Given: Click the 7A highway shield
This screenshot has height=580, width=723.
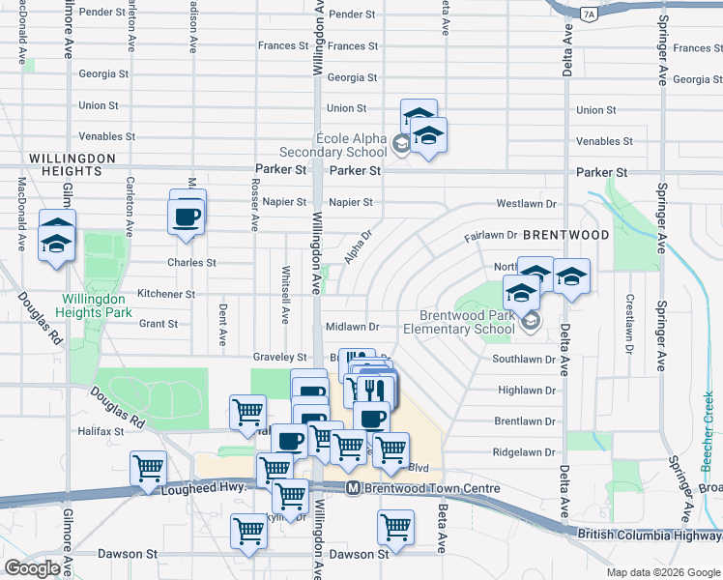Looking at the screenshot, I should click(x=590, y=14).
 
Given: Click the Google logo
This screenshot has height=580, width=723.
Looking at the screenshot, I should click(x=33, y=568).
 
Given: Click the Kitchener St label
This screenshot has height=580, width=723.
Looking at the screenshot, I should click(x=166, y=294).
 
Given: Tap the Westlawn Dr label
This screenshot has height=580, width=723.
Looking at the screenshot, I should click(x=527, y=204).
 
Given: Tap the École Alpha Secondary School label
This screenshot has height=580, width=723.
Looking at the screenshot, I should click(x=333, y=145).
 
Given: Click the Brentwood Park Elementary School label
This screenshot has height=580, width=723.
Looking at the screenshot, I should click(x=467, y=322).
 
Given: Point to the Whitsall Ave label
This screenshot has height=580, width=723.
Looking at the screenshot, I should click(x=285, y=295).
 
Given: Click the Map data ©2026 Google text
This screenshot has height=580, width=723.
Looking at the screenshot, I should click(x=662, y=571).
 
